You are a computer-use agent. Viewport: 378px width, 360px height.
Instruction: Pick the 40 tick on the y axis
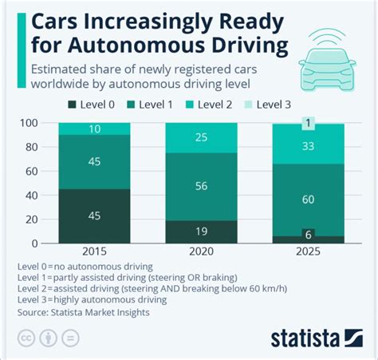(33, 196)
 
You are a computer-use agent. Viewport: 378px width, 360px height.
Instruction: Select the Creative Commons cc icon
(26, 338)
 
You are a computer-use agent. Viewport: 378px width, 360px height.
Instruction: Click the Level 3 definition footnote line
(92, 300)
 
